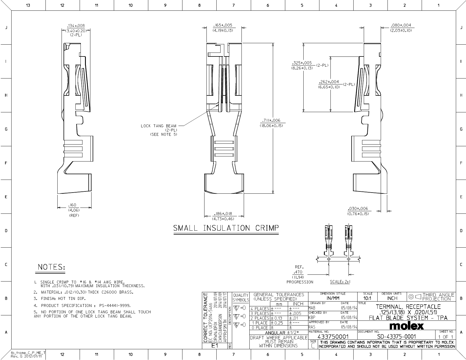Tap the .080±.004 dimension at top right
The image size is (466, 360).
[x=401, y=25]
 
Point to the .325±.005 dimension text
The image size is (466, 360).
[x=302, y=63]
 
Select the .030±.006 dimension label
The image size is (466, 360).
[x=358, y=209]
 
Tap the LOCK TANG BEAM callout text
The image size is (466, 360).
[x=158, y=126]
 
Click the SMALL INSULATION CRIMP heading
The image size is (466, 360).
[x=226, y=228]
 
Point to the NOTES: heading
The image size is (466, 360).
[x=51, y=267]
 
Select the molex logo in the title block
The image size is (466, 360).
[x=407, y=326]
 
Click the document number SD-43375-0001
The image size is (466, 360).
[x=396, y=337]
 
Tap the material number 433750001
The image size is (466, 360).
[x=333, y=337]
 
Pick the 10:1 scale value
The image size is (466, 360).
[x=367, y=298]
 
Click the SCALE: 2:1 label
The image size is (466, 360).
[x=340, y=282]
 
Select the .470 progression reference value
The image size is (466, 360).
[x=298, y=272]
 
